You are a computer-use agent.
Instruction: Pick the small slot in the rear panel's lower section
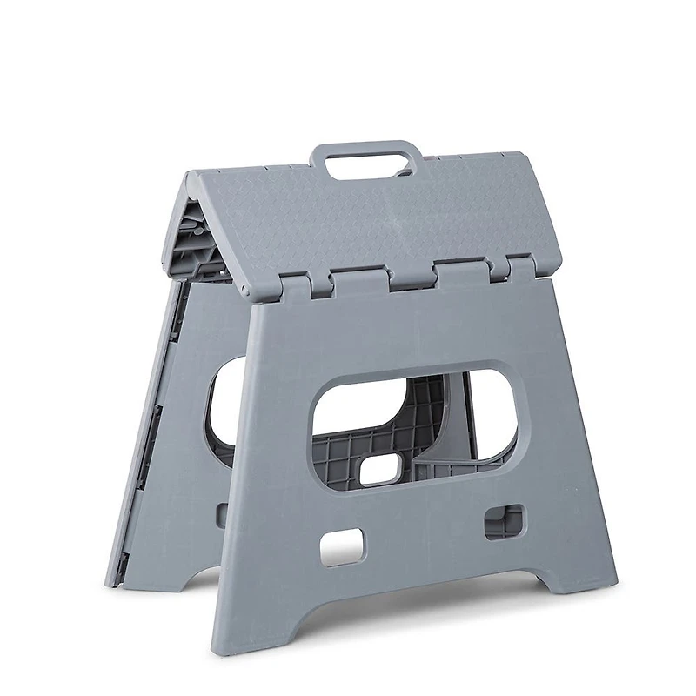[222, 513]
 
